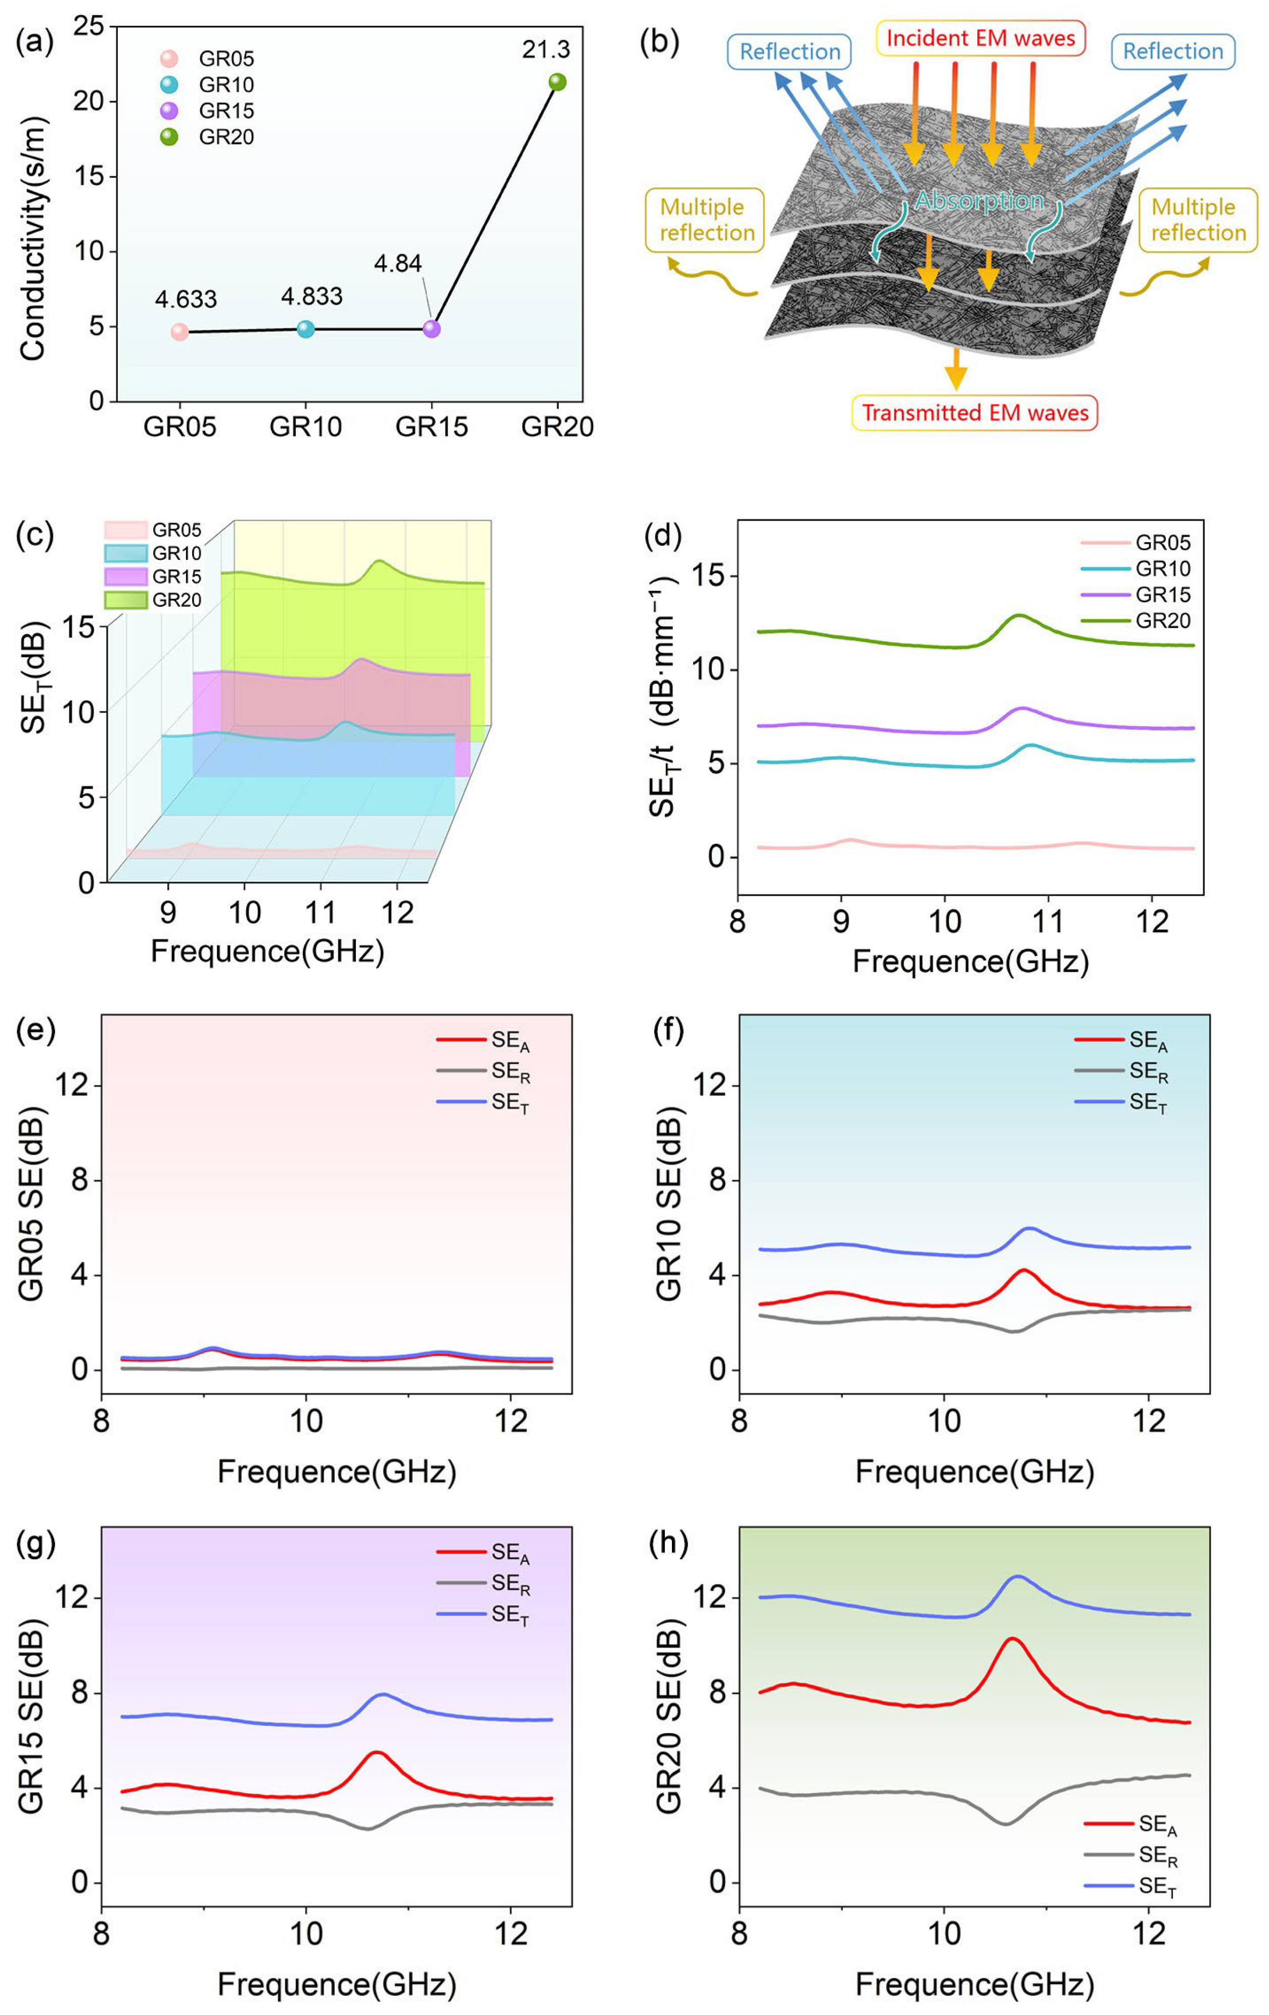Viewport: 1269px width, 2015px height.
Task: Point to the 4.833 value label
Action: point(311,296)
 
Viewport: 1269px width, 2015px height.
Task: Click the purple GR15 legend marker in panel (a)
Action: point(169,111)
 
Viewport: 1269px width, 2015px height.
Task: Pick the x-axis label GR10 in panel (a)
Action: point(305,427)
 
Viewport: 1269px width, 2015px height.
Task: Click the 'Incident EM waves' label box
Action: point(980,38)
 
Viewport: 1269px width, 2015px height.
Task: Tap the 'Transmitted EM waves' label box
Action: point(974,412)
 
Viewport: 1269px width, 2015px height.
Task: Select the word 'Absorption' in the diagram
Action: point(978,201)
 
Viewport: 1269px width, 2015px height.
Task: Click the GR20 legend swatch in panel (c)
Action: point(125,600)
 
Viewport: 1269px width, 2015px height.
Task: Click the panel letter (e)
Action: point(35,1031)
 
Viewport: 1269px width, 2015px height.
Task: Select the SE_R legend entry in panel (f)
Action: point(1122,1072)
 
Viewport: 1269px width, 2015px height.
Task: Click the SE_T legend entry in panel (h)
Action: point(1131,1886)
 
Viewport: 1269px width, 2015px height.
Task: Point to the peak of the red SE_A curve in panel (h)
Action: point(1012,1639)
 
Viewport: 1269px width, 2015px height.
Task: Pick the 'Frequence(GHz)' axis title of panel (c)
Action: point(267,951)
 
